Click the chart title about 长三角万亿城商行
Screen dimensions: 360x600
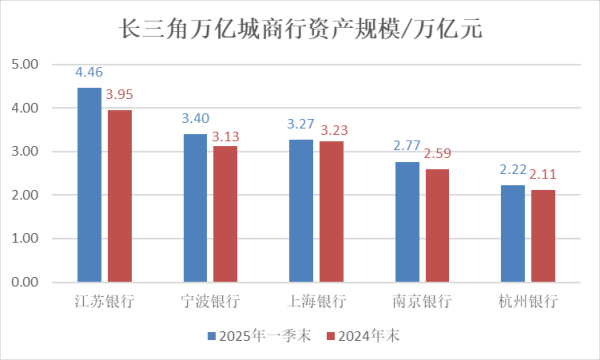point(300,29)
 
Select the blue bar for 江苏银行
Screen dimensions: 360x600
point(90,185)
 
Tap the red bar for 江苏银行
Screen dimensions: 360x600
point(120,196)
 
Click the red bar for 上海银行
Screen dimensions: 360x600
point(331,211)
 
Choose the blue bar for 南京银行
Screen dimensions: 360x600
point(407,222)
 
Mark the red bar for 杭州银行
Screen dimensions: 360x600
point(543,236)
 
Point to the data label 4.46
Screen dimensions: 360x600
point(90,72)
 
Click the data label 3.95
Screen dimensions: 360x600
point(120,95)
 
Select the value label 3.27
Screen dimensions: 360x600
point(301,124)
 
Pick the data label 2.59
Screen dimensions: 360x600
point(438,154)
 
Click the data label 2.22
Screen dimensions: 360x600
point(513,170)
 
